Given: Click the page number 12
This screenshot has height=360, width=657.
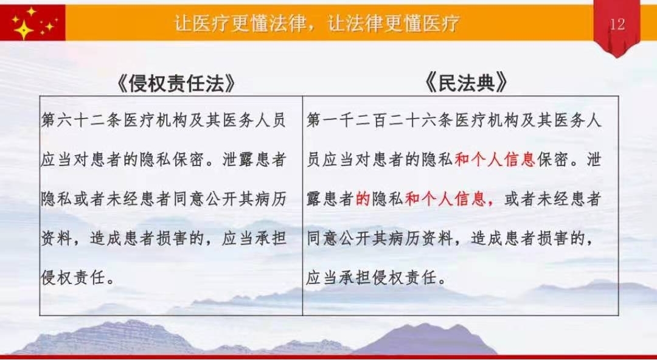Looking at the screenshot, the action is coord(617,24).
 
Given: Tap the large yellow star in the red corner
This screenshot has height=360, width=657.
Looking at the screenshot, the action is coord(24,29).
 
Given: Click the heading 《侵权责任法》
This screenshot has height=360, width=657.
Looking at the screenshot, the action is coord(176,83).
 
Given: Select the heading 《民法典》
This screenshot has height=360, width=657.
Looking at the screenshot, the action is coord(466,83).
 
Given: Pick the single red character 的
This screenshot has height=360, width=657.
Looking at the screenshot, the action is coord(363,199).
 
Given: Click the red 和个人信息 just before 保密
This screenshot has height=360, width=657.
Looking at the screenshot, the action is coord(495,160).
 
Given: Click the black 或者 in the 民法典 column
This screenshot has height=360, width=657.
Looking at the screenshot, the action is coord(521,199).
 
